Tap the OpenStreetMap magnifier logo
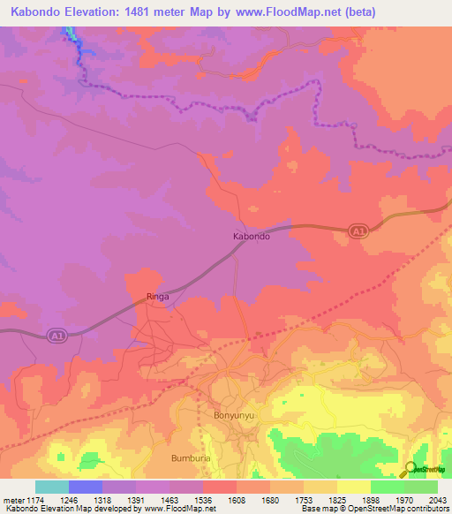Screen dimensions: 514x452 [410, 469]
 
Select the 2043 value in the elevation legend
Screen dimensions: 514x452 [438, 499]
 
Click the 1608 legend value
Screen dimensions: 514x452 [237, 499]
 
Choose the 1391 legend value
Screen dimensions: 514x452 [136, 499]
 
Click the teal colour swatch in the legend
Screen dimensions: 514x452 [52, 487]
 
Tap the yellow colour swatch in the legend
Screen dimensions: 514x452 [354, 487]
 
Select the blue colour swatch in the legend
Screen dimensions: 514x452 [86, 487]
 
